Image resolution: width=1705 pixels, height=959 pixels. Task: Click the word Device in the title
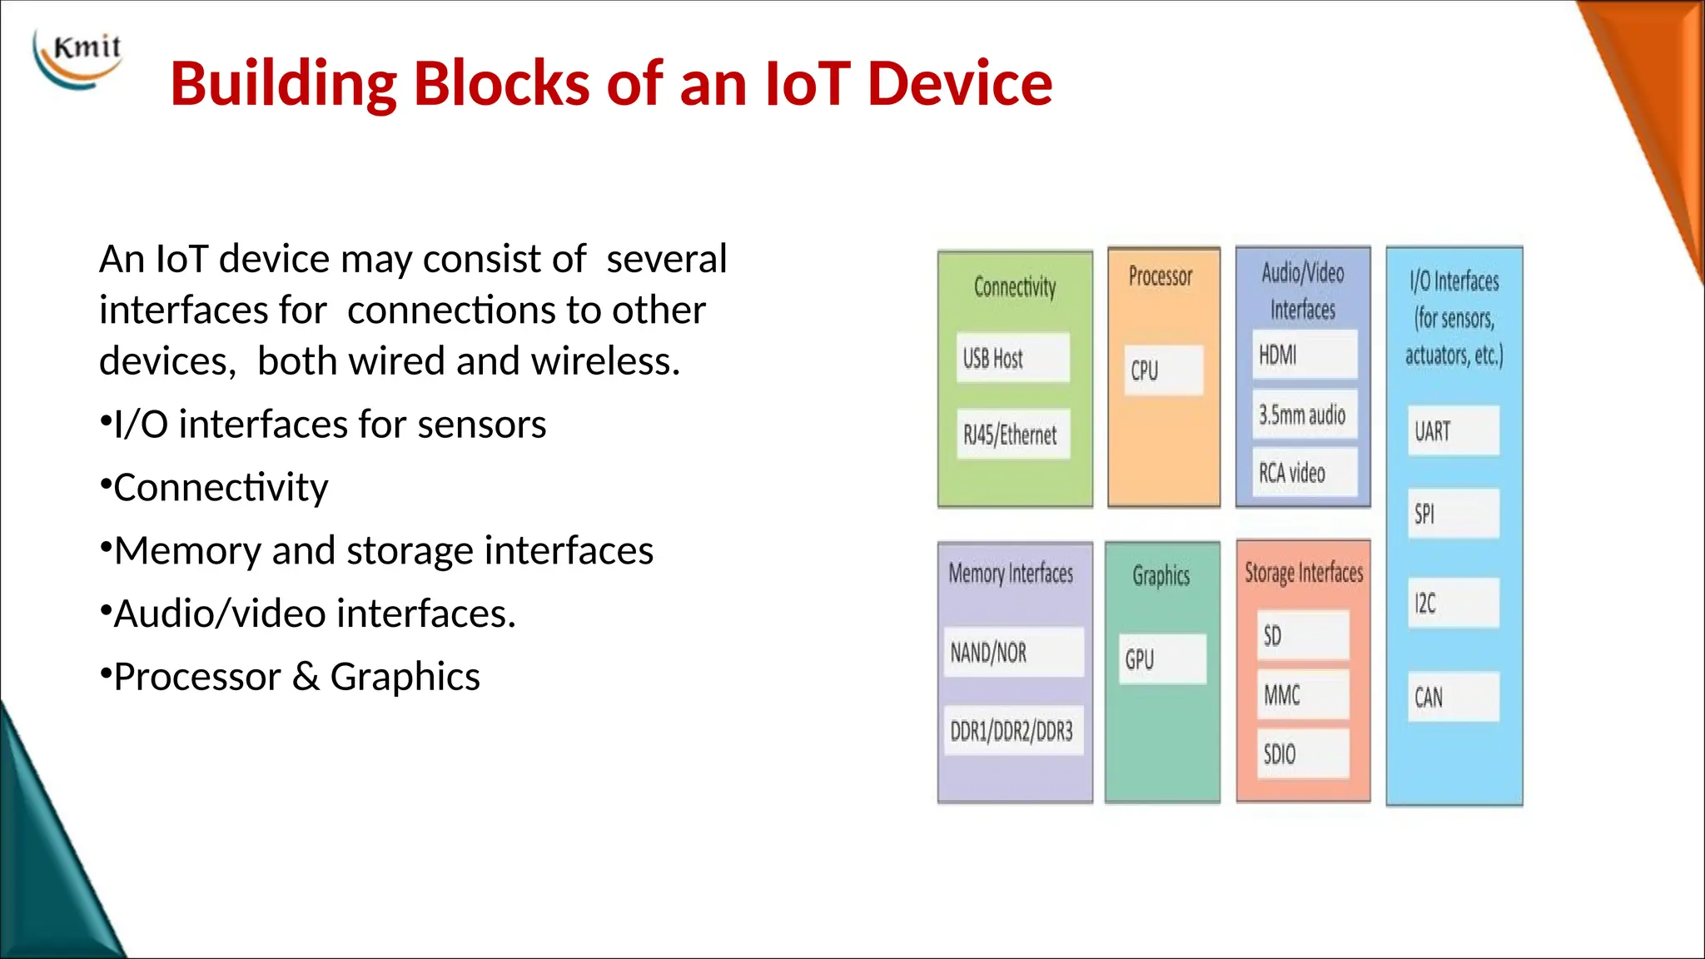point(959,84)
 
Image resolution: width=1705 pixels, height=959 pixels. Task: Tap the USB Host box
point(1012,358)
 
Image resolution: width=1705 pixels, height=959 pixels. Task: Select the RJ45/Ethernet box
point(1012,434)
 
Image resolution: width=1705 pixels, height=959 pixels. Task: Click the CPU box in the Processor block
point(1163,370)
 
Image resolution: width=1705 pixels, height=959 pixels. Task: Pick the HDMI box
point(1304,355)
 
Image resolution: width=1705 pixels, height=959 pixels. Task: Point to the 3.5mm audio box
point(1304,414)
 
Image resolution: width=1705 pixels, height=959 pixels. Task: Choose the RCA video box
point(1304,472)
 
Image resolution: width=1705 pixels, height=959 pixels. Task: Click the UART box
point(1453,430)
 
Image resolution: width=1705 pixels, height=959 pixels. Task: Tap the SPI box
point(1453,514)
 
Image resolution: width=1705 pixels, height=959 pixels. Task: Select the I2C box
point(1453,603)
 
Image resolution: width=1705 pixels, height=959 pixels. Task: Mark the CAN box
point(1453,697)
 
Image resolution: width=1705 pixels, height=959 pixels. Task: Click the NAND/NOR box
point(1013,652)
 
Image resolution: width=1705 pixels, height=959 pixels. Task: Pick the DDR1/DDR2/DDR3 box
point(1013,731)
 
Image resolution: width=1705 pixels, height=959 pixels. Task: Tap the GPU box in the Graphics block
point(1163,658)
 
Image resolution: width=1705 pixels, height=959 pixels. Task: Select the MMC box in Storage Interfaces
point(1302,694)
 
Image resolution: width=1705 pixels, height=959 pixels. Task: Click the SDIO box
point(1302,753)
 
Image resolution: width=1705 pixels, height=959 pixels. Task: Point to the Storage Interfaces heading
point(1304,573)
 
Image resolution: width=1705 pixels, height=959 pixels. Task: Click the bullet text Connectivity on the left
point(221,488)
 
